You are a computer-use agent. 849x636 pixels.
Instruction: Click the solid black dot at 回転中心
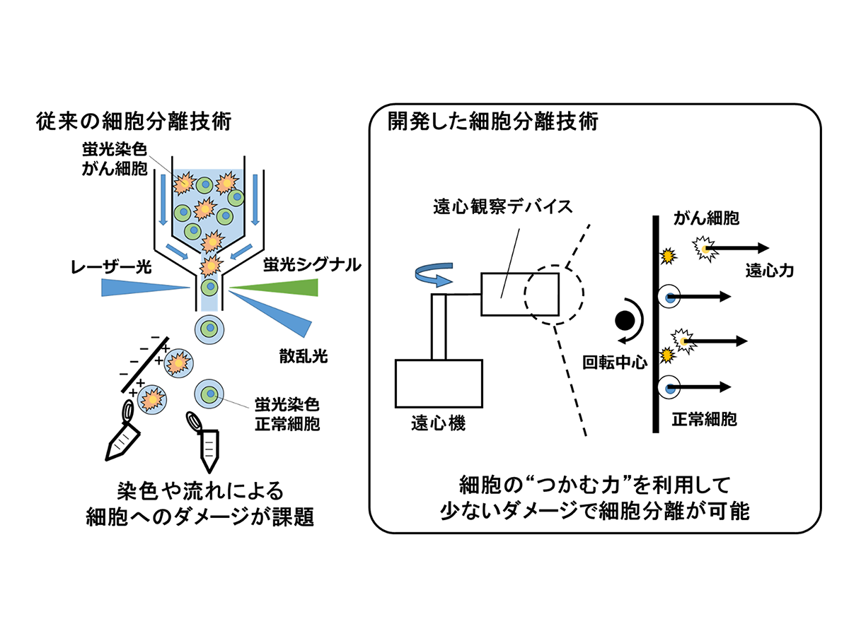[x=625, y=320]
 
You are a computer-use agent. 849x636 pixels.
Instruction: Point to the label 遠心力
[x=767, y=269]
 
